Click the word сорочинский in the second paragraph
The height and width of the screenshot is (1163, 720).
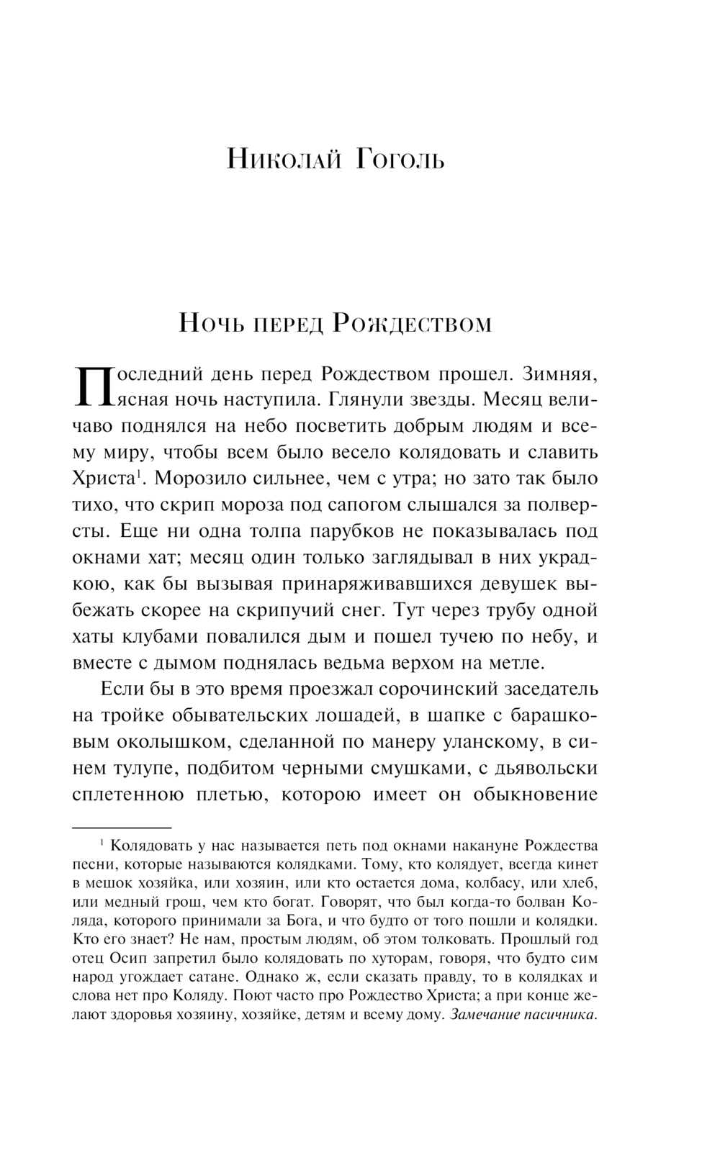442,689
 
